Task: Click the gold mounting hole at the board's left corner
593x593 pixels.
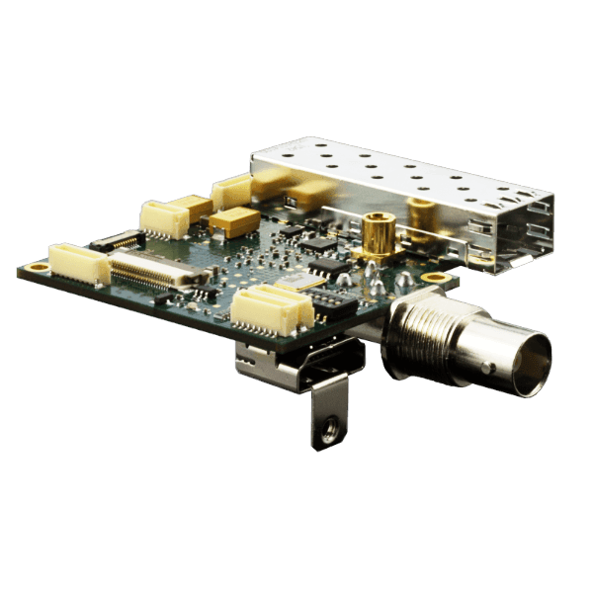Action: coord(38,267)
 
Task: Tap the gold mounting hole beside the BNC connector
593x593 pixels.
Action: coord(433,278)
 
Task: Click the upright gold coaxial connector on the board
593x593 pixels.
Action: coord(376,233)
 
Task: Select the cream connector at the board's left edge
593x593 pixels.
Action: coord(78,263)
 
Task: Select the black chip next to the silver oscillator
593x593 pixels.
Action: coord(329,268)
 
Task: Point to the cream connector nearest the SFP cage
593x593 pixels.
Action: coord(235,189)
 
